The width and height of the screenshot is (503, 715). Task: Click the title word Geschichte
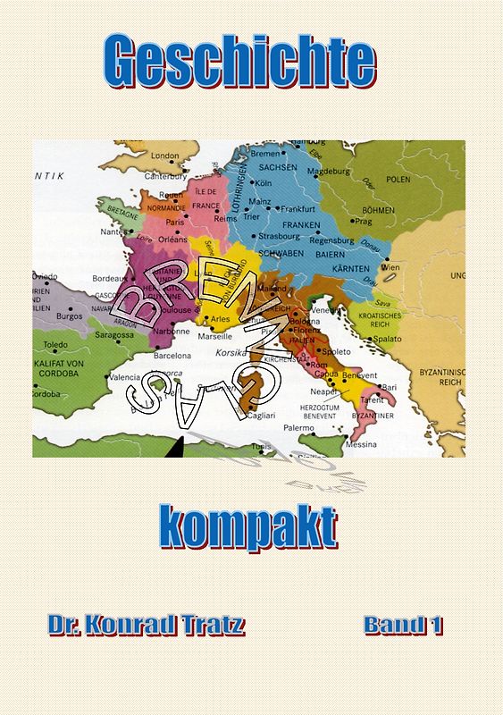tap(239, 63)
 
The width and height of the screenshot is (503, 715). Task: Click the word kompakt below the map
tap(249, 527)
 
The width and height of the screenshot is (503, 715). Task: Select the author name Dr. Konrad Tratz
tap(146, 626)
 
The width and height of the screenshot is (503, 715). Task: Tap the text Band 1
tap(403, 626)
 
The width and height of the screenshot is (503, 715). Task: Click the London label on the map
tap(164, 156)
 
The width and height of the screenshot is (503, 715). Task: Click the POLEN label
tap(398, 179)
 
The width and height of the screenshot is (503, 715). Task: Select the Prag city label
tap(364, 221)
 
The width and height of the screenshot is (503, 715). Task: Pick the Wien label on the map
tap(390, 267)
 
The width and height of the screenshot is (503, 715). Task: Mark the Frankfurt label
tap(298, 208)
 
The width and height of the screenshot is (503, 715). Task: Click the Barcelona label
tap(172, 356)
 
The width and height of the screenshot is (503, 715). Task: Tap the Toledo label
tap(55, 345)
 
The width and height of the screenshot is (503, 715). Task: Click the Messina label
tap(360, 444)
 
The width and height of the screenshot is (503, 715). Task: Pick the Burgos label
tap(69, 315)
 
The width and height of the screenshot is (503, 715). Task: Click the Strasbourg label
tap(280, 237)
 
